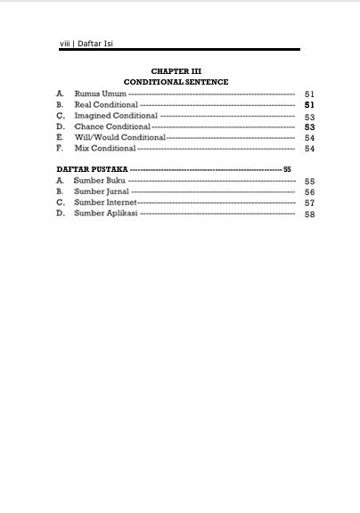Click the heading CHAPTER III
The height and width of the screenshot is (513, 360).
click(x=176, y=70)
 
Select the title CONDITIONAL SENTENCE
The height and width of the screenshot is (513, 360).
click(x=176, y=81)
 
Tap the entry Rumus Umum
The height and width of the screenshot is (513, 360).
click(x=100, y=94)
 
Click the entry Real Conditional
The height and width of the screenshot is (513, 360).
click(x=105, y=105)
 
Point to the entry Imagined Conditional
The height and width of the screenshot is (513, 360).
click(x=116, y=116)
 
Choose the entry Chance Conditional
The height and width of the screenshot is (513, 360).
click(x=111, y=127)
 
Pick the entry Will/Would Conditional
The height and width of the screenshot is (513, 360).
click(x=119, y=138)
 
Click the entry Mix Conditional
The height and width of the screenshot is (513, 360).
click(x=104, y=149)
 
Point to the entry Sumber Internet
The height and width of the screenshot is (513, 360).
click(x=104, y=202)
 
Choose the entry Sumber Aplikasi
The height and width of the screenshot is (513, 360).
click(x=105, y=214)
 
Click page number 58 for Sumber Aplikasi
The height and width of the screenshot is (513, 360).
click(x=309, y=215)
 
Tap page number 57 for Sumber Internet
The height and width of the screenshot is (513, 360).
click(x=309, y=203)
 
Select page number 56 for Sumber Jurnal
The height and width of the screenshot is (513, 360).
click(x=309, y=192)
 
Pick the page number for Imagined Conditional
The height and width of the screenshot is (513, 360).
click(x=309, y=117)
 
